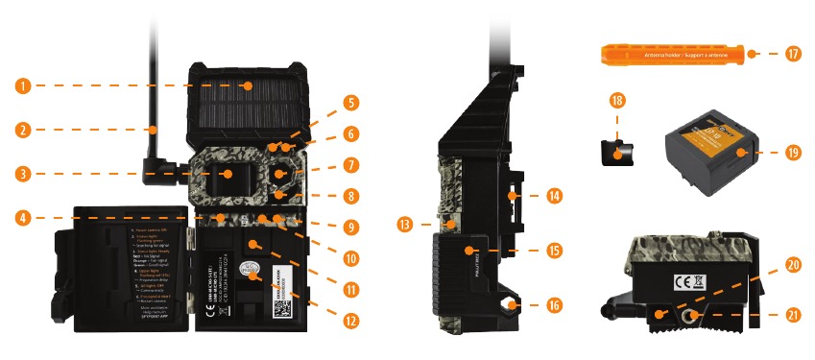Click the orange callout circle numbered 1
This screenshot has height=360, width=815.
click(23, 85)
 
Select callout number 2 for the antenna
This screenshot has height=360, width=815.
click(23, 129)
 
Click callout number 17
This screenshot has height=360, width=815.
click(793, 54)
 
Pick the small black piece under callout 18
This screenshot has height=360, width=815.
click(616, 149)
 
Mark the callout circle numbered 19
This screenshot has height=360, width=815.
click(793, 152)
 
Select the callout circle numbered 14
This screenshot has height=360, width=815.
click(554, 195)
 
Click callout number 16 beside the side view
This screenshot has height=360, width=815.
click(554, 306)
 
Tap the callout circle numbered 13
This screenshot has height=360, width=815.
click(406, 225)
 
